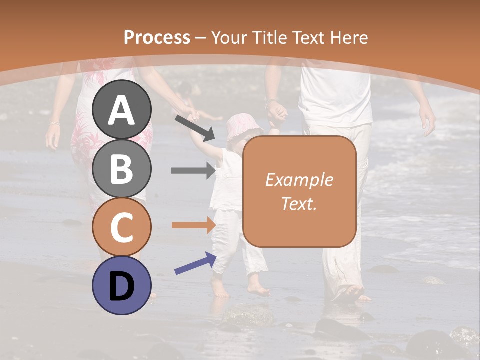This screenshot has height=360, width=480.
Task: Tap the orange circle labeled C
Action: [x=122, y=227]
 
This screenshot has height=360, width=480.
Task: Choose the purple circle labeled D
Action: [x=122, y=285]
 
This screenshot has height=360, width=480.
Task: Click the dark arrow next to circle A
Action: [x=195, y=127]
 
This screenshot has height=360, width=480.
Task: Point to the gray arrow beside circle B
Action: [x=193, y=170]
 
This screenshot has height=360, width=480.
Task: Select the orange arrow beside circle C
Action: [x=193, y=225]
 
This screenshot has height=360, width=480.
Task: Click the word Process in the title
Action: [x=157, y=37]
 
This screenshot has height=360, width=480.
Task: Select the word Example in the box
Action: [x=299, y=180]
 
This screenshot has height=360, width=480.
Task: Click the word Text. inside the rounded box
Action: [x=299, y=203]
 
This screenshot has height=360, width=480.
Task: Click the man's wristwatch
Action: [x=270, y=105]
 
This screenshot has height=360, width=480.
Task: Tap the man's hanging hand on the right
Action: [x=427, y=120]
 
